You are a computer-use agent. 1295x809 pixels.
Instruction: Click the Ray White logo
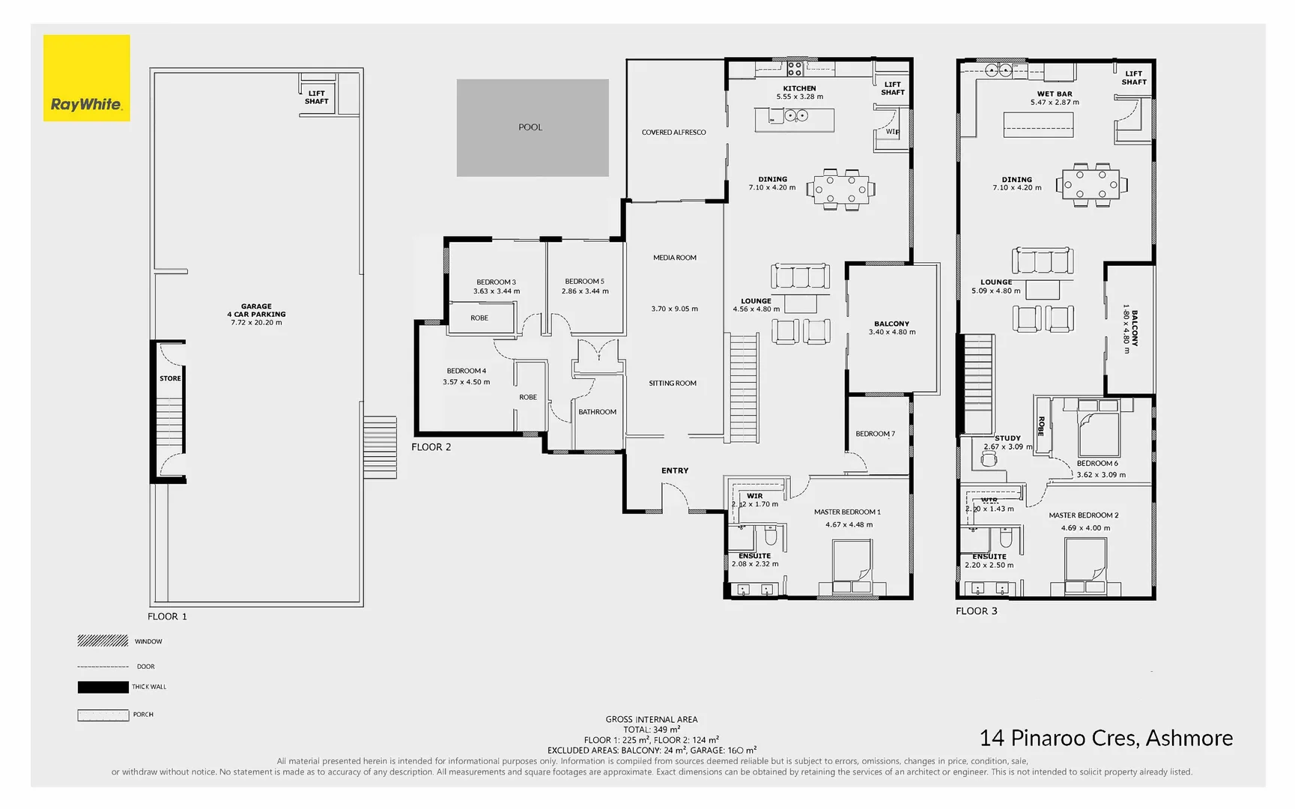pos(86,78)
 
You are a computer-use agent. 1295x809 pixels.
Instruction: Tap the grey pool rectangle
pos(533,127)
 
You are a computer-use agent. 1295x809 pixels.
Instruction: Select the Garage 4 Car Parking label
pos(256,310)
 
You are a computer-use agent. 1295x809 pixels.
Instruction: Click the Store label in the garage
pos(170,378)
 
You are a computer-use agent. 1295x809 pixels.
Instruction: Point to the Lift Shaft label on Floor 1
pos(317,97)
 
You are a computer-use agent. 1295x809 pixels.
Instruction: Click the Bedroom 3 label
pos(496,282)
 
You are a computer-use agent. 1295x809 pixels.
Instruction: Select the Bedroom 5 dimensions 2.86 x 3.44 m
pos(585,291)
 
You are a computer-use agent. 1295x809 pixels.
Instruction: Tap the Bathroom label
pos(597,412)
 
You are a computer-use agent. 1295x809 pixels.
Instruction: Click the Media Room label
pos(674,258)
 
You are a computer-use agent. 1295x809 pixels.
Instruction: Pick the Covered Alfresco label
pos(673,133)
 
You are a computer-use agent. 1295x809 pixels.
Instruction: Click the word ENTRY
pos(674,470)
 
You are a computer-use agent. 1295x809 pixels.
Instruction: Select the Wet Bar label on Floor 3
pos(1055,94)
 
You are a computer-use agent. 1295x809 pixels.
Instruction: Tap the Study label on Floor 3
pos(1007,438)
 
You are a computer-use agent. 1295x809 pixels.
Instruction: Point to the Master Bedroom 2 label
pos(1083,515)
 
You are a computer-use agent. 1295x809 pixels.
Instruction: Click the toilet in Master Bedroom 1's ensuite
pos(770,536)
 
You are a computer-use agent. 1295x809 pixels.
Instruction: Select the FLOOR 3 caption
pos(976,611)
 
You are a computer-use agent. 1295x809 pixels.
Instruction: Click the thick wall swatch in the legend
pos(103,687)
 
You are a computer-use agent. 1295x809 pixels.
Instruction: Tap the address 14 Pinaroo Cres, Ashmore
pos(1106,739)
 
